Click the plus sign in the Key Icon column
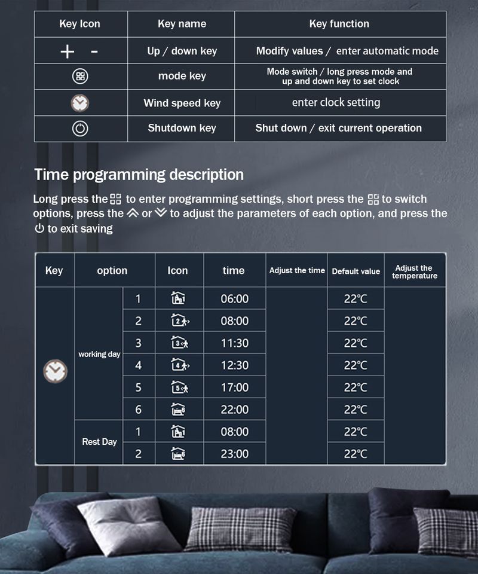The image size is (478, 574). [x=67, y=52]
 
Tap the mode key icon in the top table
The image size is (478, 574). [x=80, y=77]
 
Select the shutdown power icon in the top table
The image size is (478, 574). [x=80, y=129]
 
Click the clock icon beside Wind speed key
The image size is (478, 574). [x=80, y=103]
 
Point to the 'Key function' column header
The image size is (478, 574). [x=339, y=24]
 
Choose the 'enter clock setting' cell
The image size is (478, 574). [x=336, y=103]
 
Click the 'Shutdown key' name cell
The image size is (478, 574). [x=182, y=128]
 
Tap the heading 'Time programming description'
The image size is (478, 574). [x=139, y=175]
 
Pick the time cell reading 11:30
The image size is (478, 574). [x=234, y=343]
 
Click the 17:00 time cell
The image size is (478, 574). [x=234, y=387]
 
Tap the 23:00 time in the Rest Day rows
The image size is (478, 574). [x=234, y=454]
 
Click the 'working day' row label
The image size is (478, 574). [x=99, y=354]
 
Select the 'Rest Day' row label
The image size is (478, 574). [x=99, y=442]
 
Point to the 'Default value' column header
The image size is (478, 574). [x=356, y=271]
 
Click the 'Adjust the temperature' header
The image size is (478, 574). [x=415, y=271]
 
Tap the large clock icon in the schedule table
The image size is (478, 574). [x=55, y=372]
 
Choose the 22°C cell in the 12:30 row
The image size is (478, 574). [x=356, y=365]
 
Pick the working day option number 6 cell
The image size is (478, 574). [x=138, y=410]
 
